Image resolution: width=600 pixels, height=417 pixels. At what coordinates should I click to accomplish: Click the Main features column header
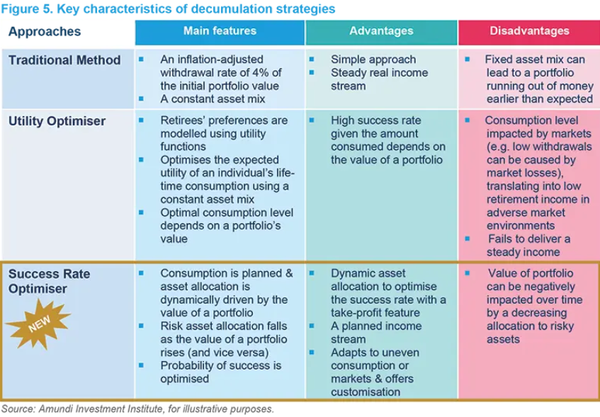click(220, 31)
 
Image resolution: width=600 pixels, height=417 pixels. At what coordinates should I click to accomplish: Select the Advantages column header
click(381, 31)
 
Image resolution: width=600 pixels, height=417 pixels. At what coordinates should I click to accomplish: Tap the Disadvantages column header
click(529, 31)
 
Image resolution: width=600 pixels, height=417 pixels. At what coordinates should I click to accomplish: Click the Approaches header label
click(45, 32)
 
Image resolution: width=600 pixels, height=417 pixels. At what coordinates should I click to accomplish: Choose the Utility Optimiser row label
click(57, 121)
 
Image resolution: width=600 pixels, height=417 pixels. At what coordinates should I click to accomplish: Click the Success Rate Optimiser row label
click(49, 281)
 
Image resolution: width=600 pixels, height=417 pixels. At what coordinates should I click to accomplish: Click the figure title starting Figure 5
click(168, 9)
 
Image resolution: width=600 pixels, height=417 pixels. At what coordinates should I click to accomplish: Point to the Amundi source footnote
click(137, 409)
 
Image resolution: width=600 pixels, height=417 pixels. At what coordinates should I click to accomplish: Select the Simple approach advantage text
click(373, 59)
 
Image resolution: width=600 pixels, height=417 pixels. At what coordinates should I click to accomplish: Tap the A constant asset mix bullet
click(213, 99)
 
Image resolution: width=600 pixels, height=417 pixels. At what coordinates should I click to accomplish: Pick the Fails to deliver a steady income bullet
click(528, 245)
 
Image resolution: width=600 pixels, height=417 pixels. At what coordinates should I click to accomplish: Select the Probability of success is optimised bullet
click(220, 372)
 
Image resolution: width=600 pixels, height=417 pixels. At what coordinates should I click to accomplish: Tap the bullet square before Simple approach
click(312, 59)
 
